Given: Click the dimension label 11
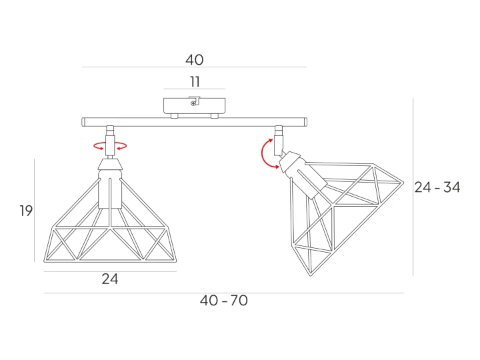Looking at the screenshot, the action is pos(195,82).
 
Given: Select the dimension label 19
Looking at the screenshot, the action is pos(26,211).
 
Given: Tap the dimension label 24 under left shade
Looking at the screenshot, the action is pos(110,279).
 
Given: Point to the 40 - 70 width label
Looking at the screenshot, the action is pos(224,301).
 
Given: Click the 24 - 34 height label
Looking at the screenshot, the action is pos(437,187).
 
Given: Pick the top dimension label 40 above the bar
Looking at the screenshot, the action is pos(195,60).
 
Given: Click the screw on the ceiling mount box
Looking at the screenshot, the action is pos(193,104).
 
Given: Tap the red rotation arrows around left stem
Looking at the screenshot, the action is pos(110,146).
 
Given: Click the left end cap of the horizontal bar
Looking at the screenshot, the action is pos(83,122).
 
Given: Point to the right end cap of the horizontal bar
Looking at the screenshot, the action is pos(305,122).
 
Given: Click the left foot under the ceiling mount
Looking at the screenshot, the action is pos(175,116).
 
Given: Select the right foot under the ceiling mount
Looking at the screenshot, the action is pos(215,116).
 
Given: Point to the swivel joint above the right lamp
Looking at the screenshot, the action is pos(279,140).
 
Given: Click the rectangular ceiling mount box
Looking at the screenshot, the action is pos(195,105).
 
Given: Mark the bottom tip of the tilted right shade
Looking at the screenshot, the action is pos(311,276).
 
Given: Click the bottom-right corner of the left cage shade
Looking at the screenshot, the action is pos(176,261).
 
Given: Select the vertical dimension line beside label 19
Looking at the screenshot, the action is pos(34,210).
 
